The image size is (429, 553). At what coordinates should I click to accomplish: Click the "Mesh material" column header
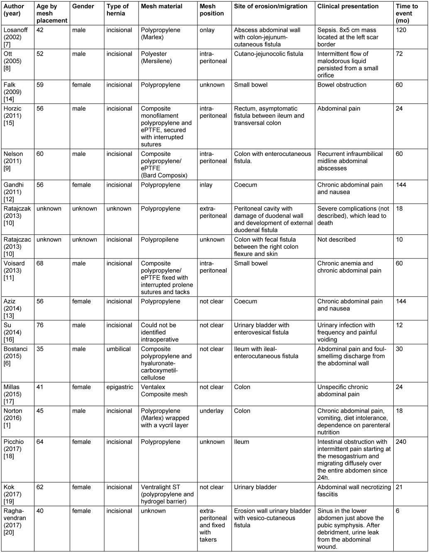(161, 6)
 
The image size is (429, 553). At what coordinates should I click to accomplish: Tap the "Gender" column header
(83, 6)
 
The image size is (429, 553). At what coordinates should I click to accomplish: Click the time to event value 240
(401, 442)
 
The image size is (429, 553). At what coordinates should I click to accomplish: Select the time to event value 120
(401, 30)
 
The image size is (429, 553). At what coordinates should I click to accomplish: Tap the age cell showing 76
(40, 325)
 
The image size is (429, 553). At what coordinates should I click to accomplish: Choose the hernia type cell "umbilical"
(119, 349)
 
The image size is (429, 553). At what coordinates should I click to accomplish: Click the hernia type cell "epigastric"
(120, 387)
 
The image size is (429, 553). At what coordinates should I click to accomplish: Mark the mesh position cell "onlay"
(207, 30)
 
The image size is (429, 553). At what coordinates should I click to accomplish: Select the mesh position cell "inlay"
(206, 185)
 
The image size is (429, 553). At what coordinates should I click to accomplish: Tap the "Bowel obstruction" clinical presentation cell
(341, 85)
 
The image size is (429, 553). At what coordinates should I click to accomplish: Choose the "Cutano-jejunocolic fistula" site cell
(268, 54)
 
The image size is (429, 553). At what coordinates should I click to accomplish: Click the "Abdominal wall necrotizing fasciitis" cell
(354, 491)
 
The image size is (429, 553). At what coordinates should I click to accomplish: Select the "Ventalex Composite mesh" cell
(164, 391)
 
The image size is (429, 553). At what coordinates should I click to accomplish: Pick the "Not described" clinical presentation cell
(336, 239)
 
